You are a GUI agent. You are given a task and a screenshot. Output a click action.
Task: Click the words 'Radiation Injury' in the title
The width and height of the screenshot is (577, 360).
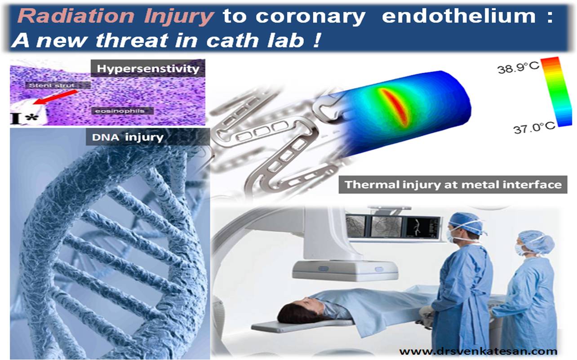(115, 17)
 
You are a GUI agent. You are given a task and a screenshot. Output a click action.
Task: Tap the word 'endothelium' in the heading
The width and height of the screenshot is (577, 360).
(459, 16)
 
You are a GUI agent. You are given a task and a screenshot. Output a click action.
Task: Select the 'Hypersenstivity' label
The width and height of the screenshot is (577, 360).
(148, 69)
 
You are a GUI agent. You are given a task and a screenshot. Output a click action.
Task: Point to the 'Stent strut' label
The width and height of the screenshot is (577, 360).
(52, 85)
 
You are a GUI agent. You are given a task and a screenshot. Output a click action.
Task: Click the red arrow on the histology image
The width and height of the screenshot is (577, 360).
(55, 97)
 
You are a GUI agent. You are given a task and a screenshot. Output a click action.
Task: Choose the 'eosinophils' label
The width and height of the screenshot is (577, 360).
(120, 111)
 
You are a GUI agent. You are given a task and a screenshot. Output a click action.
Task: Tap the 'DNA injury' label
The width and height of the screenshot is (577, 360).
(128, 138)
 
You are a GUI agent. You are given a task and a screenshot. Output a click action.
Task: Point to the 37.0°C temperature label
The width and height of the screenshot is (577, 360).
(534, 128)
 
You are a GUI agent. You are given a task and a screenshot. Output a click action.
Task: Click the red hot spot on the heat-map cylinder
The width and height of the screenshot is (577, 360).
(395, 107)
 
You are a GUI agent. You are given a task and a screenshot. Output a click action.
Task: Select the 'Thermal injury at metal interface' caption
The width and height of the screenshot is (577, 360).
(453, 185)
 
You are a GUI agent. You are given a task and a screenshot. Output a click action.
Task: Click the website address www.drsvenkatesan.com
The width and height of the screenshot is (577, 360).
(478, 351)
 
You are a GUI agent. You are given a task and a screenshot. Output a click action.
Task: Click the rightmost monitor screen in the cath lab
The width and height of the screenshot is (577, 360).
(423, 227)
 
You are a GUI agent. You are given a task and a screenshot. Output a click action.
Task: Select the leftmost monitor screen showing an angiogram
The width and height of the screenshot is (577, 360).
(356, 226)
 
